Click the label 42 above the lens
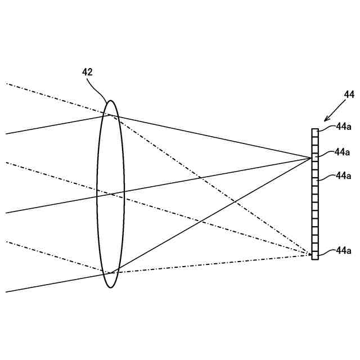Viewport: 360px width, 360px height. pos(87,71)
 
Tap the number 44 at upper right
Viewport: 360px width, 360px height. pos(349,94)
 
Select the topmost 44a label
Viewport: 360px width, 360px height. pos(343,127)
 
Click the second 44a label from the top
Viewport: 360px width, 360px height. pos(342,151)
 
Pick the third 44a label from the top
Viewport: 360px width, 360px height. pos(343,175)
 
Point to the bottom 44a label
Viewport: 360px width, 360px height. pos(343,250)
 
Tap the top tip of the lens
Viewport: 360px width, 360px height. pos(111,101)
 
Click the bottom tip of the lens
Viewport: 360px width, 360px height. pos(111,287)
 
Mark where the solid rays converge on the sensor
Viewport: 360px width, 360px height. pos(312,158)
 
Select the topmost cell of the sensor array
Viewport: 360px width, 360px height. pos(315,132)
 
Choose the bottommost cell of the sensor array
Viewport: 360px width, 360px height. pos(315,256)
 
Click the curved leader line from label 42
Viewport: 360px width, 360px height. pos(99,87)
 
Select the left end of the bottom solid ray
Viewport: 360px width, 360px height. pos(6,291)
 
